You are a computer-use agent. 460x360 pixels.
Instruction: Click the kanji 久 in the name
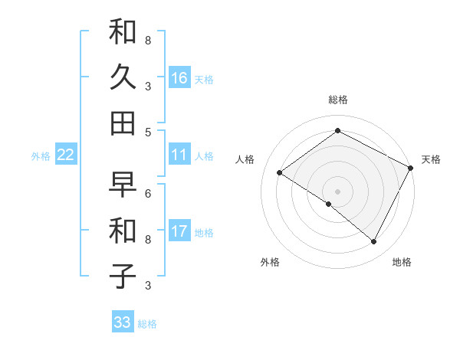click(123, 77)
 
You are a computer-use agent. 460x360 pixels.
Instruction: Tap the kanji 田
click(123, 123)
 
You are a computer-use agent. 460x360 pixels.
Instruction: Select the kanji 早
click(123, 185)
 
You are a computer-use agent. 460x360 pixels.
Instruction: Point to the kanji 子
click(123, 276)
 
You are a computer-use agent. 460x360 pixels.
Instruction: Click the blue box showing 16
click(179, 78)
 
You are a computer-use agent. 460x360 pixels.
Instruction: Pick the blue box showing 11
click(179, 155)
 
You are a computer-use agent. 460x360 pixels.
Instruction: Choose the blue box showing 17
click(179, 231)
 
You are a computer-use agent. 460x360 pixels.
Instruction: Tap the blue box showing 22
click(66, 155)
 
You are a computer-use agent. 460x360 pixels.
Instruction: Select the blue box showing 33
click(123, 322)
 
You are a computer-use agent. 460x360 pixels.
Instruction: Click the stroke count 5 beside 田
click(148, 132)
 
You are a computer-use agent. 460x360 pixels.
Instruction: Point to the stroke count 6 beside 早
click(148, 193)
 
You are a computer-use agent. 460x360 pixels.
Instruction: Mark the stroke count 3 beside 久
click(148, 86)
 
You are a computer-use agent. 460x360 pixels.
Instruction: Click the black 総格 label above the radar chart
click(338, 100)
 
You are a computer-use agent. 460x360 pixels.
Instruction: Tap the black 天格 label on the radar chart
click(431, 159)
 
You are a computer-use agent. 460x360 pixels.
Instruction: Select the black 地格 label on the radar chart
click(402, 262)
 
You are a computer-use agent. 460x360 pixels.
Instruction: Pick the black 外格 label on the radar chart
click(270, 262)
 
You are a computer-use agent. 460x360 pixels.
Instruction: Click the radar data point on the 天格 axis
click(411, 168)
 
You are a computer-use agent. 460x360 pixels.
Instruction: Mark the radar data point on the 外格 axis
click(329, 205)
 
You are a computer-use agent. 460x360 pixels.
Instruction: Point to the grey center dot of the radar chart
click(337, 191)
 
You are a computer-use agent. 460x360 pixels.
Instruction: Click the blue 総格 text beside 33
click(147, 324)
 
